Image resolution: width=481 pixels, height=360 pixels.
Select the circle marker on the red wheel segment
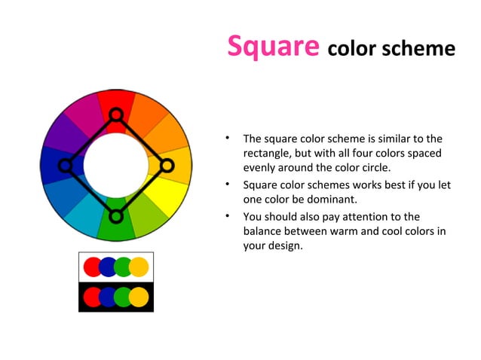[115, 114]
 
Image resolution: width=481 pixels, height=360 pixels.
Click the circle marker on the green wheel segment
[115, 216]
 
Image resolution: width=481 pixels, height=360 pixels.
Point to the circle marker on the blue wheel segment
[65, 165]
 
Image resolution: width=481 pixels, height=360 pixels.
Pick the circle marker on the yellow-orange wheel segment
[167, 165]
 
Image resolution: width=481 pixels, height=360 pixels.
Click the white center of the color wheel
[115, 165]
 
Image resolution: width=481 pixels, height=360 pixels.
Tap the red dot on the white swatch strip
[92, 266]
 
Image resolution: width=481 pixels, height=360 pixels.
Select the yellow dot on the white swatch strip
[139, 266]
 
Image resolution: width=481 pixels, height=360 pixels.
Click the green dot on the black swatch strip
[124, 297]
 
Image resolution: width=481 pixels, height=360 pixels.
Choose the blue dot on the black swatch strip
[108, 297]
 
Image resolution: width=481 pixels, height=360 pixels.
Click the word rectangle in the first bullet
[267, 154]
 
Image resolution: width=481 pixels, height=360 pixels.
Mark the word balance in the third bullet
[262, 231]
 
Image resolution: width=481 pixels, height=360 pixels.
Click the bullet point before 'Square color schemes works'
[226, 185]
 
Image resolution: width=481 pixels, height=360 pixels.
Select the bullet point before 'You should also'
[226, 216]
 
